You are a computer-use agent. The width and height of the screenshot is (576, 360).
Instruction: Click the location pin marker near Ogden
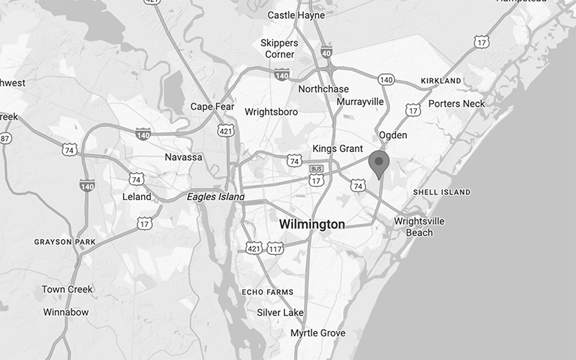pos(379,163)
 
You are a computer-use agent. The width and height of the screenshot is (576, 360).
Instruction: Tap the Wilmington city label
pos(312,225)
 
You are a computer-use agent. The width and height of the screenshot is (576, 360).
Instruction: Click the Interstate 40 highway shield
pos(326,52)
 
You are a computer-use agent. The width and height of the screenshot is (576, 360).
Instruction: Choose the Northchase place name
pos(323,89)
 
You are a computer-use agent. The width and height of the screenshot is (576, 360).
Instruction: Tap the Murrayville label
pos(360,102)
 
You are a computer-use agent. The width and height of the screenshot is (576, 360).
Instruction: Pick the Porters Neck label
pos(456,104)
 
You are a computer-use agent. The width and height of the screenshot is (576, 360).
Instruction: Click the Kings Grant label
pos(337,148)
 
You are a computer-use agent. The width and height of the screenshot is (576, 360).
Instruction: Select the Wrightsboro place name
pos(272,112)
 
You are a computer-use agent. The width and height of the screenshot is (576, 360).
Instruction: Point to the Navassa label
pos(183,157)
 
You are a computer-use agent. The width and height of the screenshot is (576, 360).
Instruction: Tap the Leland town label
pos(137,197)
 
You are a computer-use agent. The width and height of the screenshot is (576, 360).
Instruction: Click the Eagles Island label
pos(215,197)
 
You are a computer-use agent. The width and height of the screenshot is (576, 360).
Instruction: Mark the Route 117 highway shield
pos(274,248)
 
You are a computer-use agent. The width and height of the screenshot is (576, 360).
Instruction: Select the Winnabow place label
pos(66,312)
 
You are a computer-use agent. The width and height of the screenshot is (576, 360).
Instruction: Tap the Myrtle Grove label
pos(318,333)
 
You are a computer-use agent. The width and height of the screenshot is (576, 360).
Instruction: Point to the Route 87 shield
pos(6,138)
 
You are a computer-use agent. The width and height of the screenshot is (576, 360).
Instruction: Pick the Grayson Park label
pos(64,242)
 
